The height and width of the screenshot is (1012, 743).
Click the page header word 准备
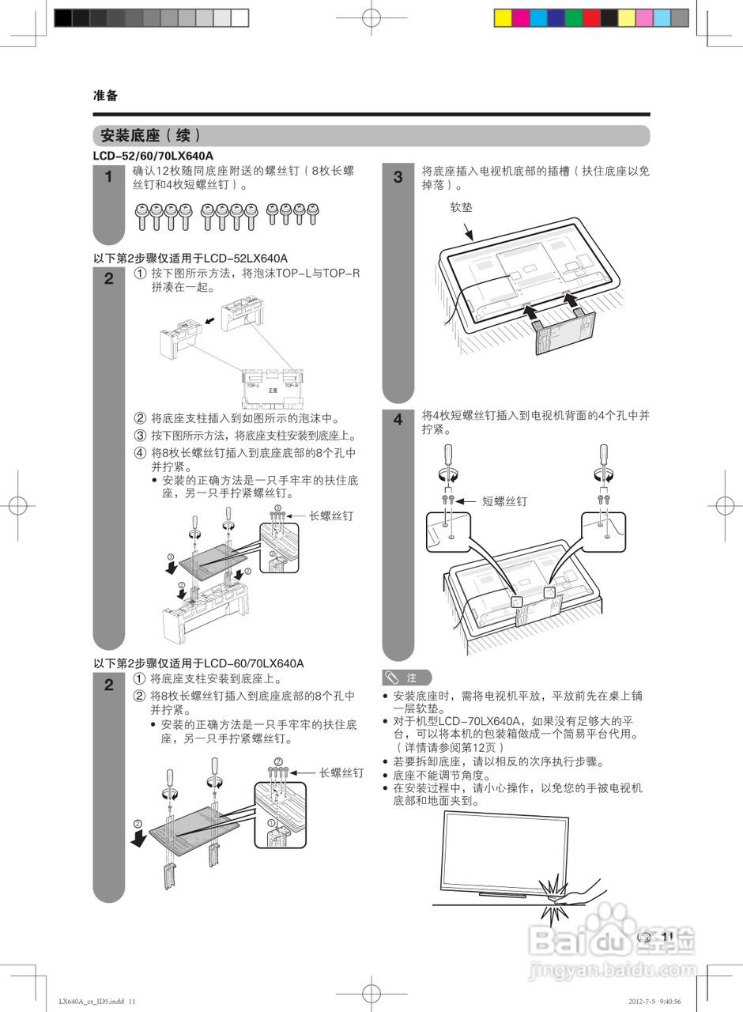point(105,96)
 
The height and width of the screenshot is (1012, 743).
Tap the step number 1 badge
point(108,177)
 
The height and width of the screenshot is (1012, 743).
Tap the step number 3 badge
point(398,177)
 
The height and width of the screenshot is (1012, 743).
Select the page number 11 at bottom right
point(667,937)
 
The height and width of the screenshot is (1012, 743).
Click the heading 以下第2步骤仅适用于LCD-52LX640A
point(190,259)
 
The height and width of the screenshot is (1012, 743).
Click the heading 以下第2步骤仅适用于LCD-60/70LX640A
point(198,663)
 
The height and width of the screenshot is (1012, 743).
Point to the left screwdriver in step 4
point(447,462)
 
